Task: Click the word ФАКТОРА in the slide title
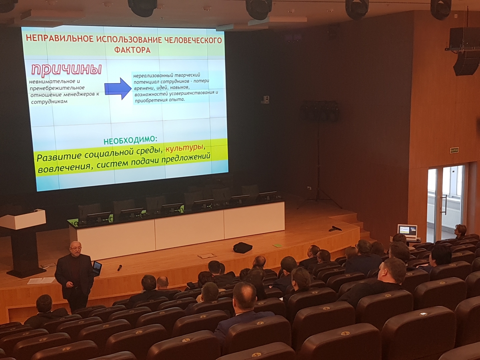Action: click(x=132, y=50)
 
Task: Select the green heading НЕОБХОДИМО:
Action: click(x=130, y=140)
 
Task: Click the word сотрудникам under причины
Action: click(x=49, y=102)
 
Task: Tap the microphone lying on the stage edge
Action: click(x=120, y=268)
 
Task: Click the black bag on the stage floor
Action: click(x=243, y=248)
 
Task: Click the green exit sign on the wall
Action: click(x=454, y=150)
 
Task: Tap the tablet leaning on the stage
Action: click(x=97, y=268)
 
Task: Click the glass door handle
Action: click(x=444, y=204)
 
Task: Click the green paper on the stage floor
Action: click(x=278, y=245)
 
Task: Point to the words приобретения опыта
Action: click(x=160, y=100)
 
